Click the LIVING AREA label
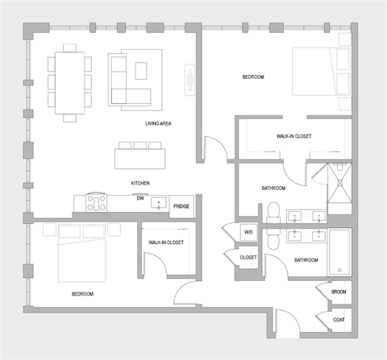point(158,123)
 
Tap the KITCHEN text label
point(140,184)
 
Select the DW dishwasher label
point(140,198)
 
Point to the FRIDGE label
point(181,206)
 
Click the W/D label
point(248,232)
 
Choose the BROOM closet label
point(339,291)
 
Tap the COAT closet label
point(339,320)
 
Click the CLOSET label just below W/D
point(248,257)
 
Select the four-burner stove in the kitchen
point(97,203)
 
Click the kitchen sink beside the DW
point(159,203)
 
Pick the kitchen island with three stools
point(139,155)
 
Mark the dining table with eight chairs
point(69,81)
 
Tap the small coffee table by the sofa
point(141,71)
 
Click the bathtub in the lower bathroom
point(339,251)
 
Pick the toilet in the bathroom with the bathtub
point(274,240)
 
